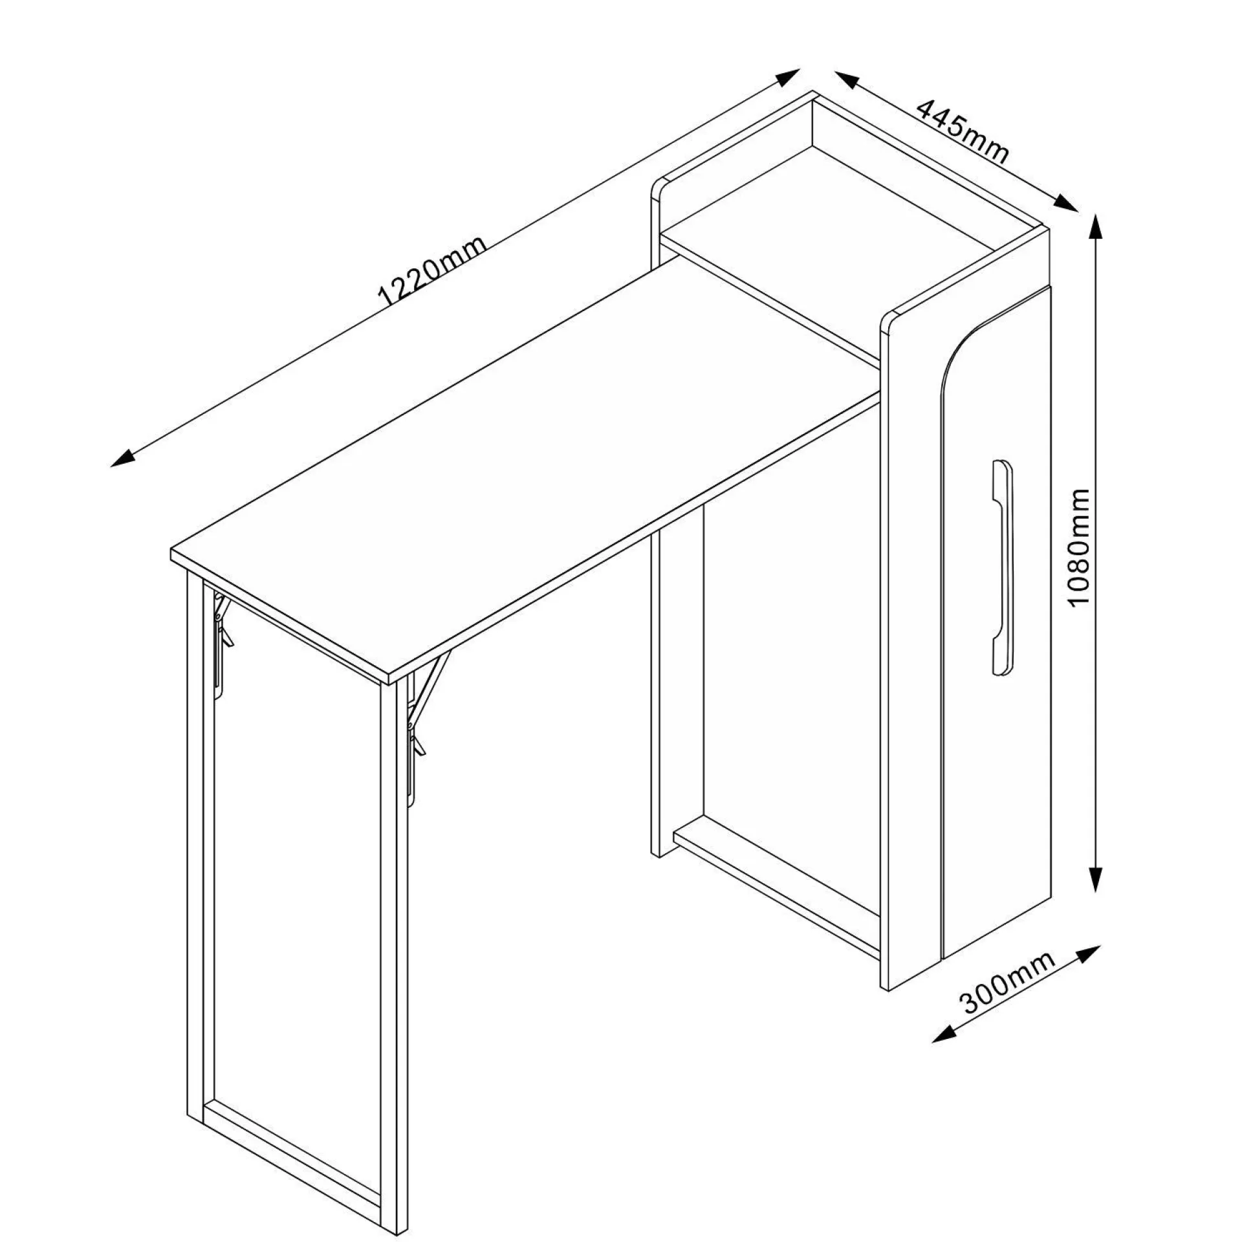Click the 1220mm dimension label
pyautogui.click(x=432, y=271)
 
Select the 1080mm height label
pyautogui.click(x=1079, y=547)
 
